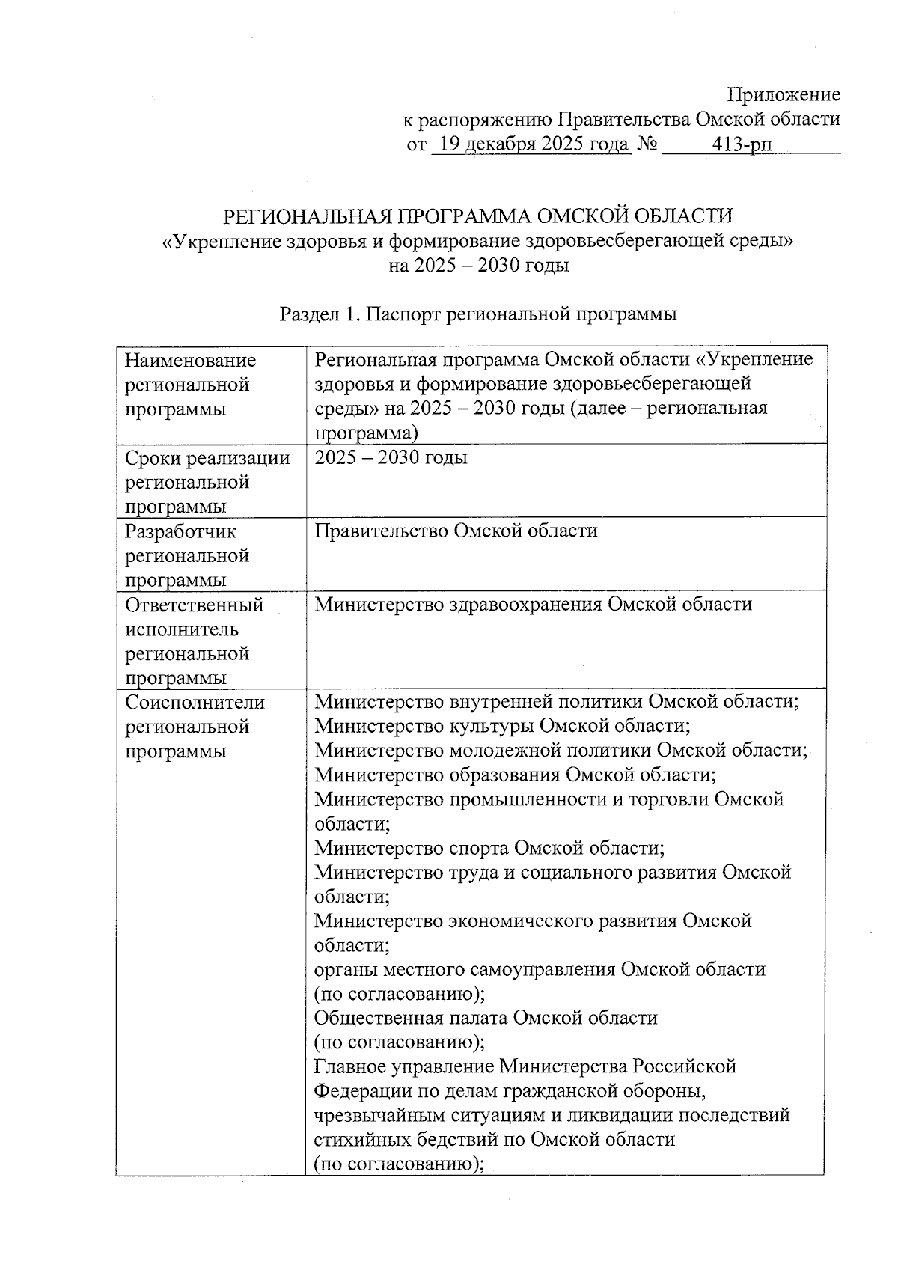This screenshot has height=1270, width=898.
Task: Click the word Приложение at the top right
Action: tap(784, 95)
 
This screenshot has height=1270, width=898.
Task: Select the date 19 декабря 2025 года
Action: tap(532, 144)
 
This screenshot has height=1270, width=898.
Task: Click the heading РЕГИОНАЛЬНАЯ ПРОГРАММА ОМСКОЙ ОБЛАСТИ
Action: tap(479, 216)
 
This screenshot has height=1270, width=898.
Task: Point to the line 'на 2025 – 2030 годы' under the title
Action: tap(479, 266)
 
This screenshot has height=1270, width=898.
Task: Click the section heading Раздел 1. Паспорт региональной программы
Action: tap(478, 314)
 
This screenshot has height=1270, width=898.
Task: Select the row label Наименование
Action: tap(191, 361)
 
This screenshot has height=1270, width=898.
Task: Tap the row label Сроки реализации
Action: tap(207, 458)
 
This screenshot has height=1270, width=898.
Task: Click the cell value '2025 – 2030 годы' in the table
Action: tap(391, 458)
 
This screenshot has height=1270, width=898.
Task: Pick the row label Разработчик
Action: tap(181, 531)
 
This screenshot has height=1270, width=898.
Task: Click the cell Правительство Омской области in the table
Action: tap(456, 531)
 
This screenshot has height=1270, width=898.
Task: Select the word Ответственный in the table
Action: tap(195, 605)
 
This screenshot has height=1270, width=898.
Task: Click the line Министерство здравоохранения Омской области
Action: tap(533, 605)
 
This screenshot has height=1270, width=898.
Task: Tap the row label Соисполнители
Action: tap(195, 703)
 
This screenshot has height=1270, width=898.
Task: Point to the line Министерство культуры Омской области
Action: tap(501, 727)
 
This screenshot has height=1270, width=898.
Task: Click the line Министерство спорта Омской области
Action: tap(489, 849)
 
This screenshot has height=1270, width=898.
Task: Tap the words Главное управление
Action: tap(405, 1066)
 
